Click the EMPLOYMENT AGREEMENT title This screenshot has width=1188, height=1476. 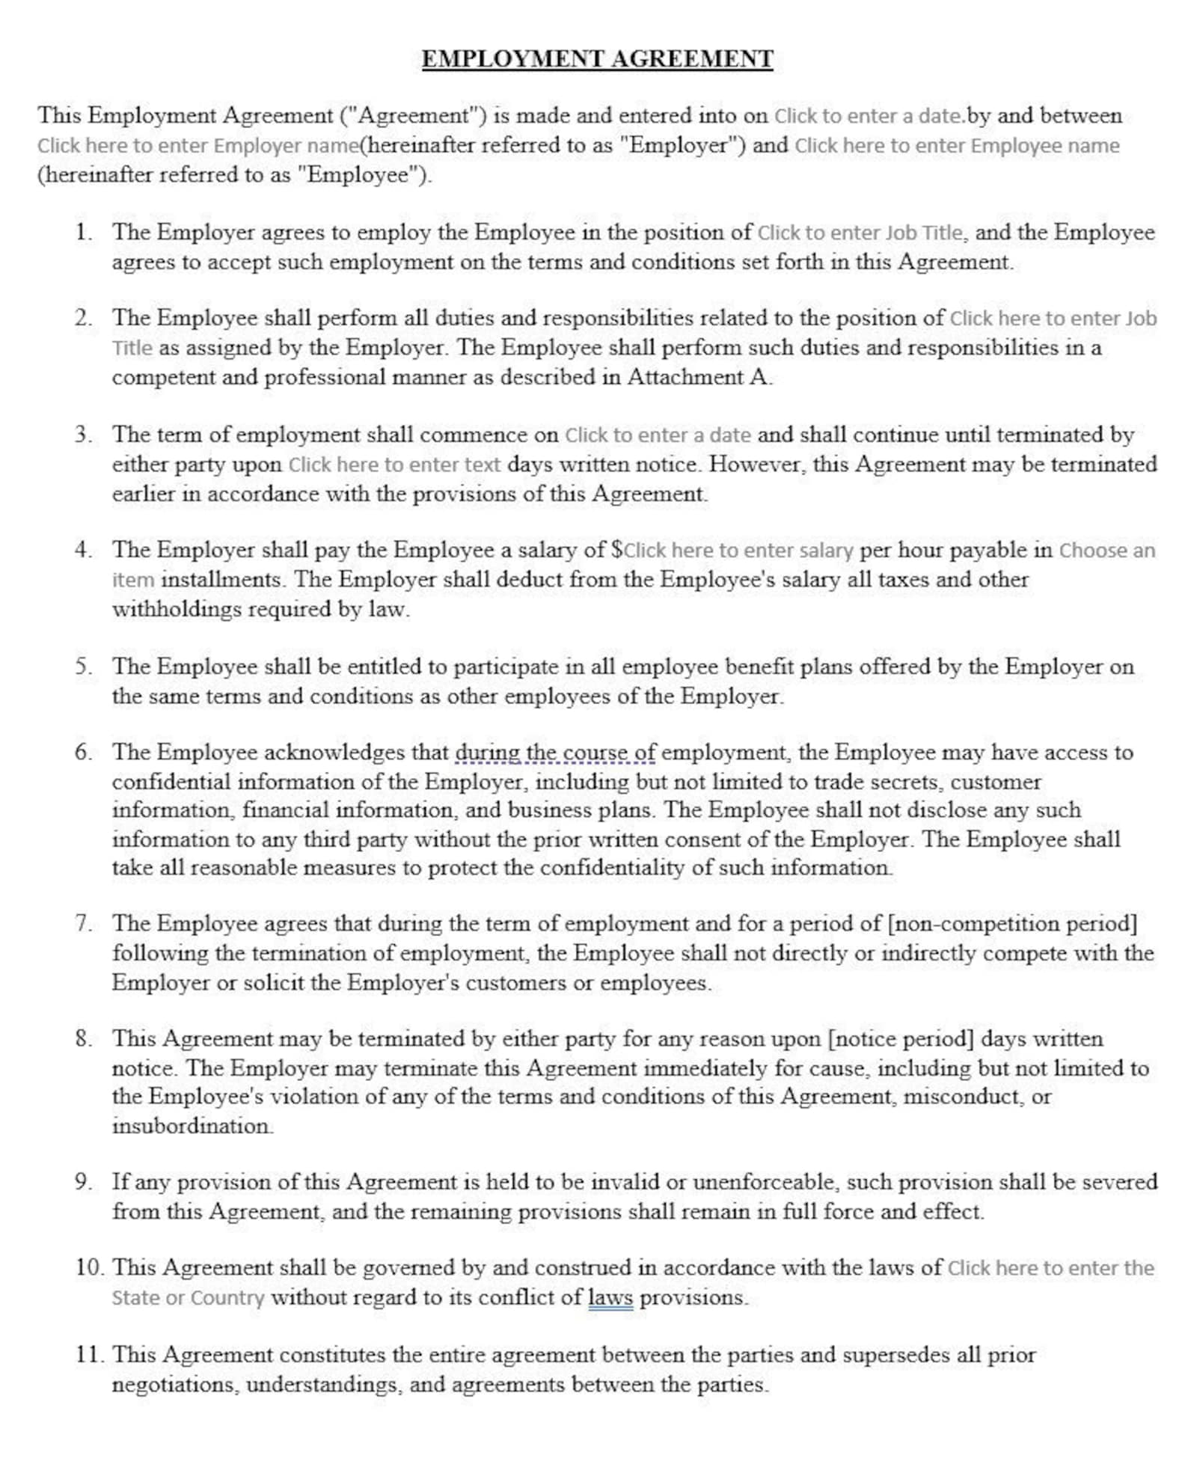click(x=597, y=59)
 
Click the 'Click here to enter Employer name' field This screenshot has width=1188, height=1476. click(x=198, y=145)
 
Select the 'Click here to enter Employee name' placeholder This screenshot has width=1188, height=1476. click(x=957, y=145)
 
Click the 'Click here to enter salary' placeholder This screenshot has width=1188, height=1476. click(x=738, y=551)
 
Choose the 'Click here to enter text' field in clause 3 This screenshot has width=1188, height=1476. click(x=394, y=465)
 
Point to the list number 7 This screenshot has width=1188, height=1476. click(x=83, y=923)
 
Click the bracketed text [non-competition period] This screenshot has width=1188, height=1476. click(x=1011, y=923)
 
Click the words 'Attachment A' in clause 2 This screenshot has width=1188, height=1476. click(x=697, y=377)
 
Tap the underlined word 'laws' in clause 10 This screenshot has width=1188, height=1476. click(x=610, y=1296)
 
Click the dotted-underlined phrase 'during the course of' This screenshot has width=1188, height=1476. click(x=555, y=752)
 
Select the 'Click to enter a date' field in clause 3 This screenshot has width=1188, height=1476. click(x=658, y=435)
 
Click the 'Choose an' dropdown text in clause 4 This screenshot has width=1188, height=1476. click(x=1106, y=551)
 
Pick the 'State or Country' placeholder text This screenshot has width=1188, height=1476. click(x=188, y=1297)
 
